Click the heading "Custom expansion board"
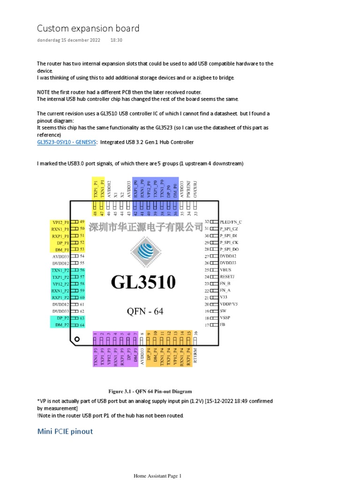[x=88, y=29]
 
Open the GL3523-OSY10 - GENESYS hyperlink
[x=67, y=142]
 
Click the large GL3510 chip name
[x=143, y=282]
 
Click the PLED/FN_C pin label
[x=231, y=222]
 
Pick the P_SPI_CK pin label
[x=229, y=243]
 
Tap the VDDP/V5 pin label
[x=229, y=304]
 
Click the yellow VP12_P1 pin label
[x=60, y=222]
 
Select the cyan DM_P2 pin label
[x=62, y=325]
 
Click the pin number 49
[x=82, y=222]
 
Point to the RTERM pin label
[x=195, y=355]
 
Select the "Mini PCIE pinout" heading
[x=65, y=431]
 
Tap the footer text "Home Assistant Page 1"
[x=157, y=476]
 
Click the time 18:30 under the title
[x=116, y=40]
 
